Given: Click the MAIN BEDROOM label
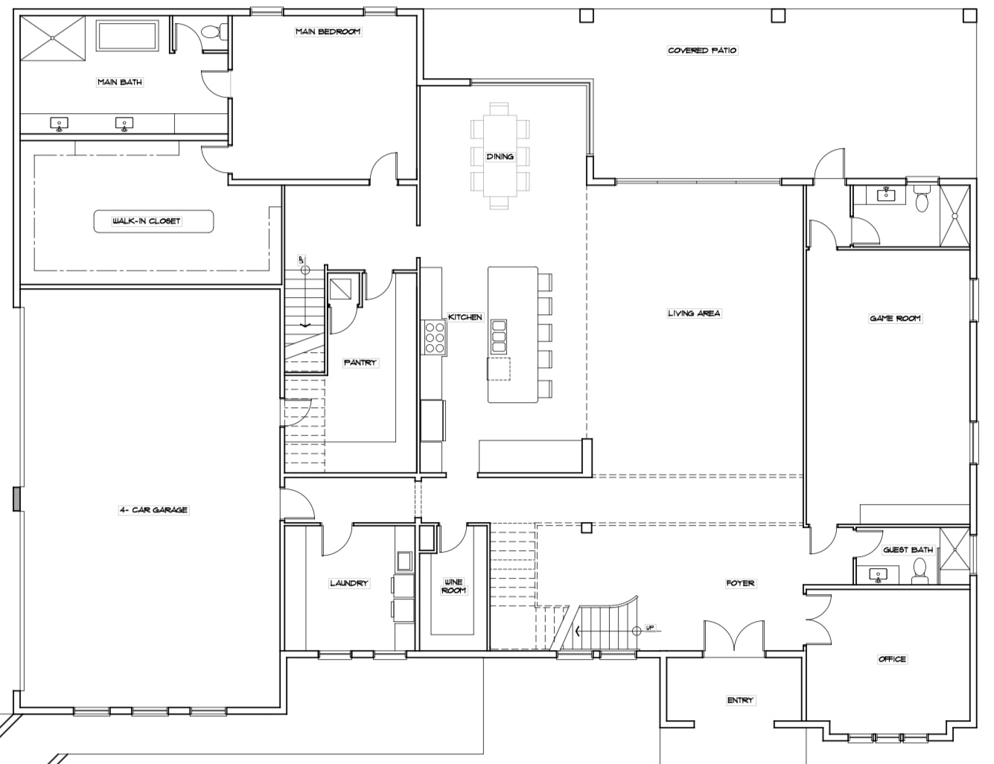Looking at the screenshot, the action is coord(328,31).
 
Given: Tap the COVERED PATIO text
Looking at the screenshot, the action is coord(702,51).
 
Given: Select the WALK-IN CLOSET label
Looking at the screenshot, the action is coord(147,221).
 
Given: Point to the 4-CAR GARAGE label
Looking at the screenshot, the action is coord(153,509).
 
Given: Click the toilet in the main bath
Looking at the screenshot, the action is coord(213,32).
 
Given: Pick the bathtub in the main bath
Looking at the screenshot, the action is coord(127,35).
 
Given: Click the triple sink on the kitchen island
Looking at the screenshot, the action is coord(499,337).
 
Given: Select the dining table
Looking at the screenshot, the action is coord(500,156).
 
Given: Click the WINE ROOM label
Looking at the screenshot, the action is coord(453,586).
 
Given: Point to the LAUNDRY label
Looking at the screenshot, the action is coord(349,583).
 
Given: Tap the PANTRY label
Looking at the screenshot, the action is coord(360,363).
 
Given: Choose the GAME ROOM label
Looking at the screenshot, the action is coord(895,319).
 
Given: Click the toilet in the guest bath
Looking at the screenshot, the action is coord(920,570).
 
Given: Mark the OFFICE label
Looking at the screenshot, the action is coord(892,659).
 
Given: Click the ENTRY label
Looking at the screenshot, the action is coord(740,701).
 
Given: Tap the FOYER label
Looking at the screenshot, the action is coord(740,583).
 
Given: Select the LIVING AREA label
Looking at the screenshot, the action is coord(694,313).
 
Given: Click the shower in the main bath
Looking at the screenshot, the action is coord(53,37).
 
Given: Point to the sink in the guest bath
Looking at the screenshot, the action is coord(878,575).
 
